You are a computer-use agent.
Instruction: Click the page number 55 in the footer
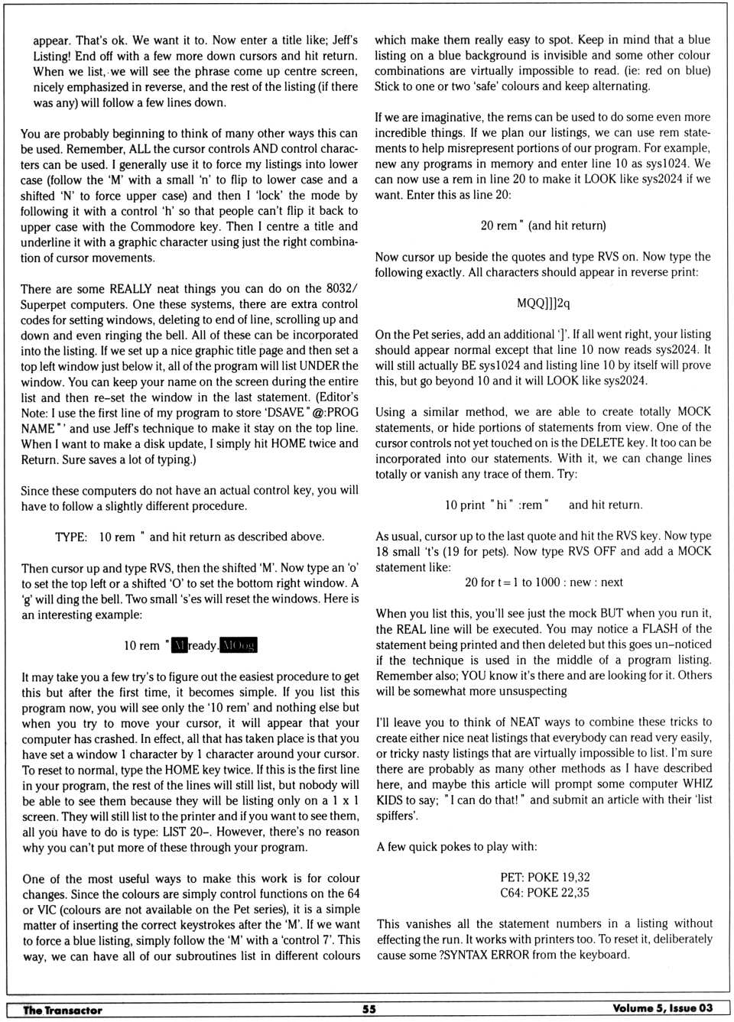tap(369, 1009)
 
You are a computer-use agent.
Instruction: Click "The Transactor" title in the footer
tap(63, 1010)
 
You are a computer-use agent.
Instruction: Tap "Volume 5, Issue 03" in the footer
tap(662, 1008)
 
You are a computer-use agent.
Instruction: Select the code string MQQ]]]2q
tap(543, 303)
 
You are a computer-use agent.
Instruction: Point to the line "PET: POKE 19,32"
tap(544, 877)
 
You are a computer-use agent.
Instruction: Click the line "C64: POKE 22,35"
tap(544, 893)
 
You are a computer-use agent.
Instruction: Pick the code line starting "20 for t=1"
tap(544, 582)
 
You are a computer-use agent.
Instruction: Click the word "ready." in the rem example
tap(203, 645)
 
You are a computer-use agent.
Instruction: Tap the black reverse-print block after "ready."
tap(239, 645)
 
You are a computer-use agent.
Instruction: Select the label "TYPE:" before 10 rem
tap(71, 537)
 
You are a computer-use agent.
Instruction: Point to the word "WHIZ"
tap(696, 784)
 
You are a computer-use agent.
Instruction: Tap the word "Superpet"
tap(44, 304)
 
